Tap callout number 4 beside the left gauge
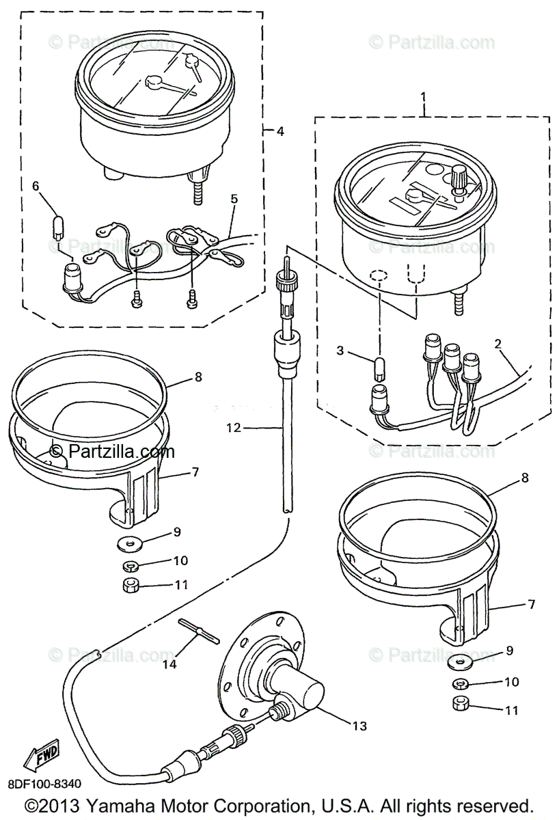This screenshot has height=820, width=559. tap(280, 132)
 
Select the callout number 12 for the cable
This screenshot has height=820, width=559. tap(234, 428)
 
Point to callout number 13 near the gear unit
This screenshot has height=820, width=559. tap(359, 726)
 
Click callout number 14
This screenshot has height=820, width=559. tap(169, 663)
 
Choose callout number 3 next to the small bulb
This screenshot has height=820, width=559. tap(340, 352)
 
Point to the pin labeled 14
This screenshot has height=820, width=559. tap(198, 631)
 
